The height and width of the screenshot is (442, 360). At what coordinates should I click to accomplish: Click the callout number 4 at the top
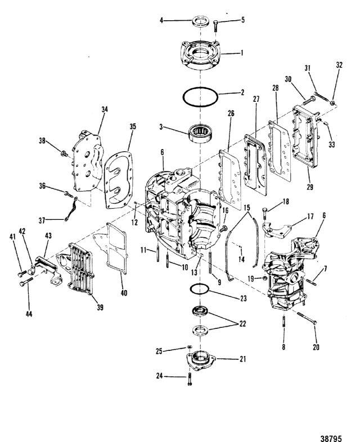(x=161, y=20)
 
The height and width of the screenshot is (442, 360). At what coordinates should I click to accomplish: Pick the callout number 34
(x=104, y=109)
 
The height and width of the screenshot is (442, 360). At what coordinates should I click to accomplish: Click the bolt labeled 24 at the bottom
(x=190, y=379)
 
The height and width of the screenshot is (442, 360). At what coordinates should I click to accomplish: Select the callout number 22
(x=242, y=324)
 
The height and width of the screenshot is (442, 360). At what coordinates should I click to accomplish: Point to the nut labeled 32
(x=332, y=103)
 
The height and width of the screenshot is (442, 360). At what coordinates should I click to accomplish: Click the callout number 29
(x=310, y=187)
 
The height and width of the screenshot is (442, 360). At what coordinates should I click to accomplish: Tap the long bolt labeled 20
(x=307, y=318)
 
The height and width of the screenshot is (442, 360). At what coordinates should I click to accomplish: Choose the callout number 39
(x=100, y=307)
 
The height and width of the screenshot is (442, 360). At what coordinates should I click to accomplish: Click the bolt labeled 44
(x=26, y=281)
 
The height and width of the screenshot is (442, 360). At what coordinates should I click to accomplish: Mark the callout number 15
(x=247, y=208)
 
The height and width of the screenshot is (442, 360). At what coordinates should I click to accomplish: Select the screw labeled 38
(x=64, y=154)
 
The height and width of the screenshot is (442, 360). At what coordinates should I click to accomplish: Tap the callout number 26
(x=231, y=114)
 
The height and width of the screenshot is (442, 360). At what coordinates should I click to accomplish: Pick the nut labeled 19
(x=265, y=278)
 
